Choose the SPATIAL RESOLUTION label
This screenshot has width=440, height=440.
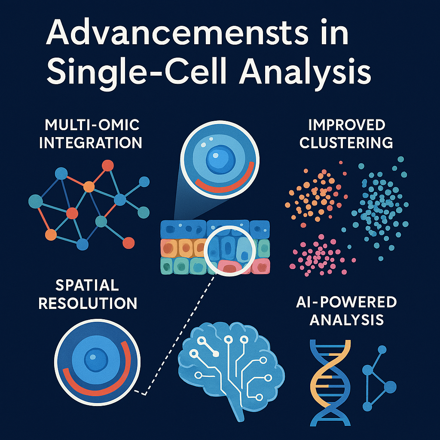[x=88, y=294]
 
